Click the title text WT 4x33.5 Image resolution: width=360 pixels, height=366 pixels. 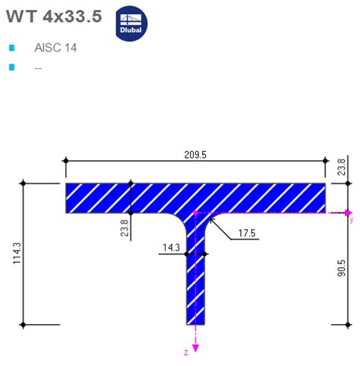click(x=53, y=17)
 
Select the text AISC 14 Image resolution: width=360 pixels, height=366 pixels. click(x=55, y=47)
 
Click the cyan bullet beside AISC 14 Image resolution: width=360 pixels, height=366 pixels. click(x=11, y=48)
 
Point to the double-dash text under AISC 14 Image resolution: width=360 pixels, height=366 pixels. click(x=38, y=68)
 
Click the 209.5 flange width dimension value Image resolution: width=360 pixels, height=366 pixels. click(x=194, y=154)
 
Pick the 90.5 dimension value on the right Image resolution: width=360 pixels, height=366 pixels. click(x=342, y=269)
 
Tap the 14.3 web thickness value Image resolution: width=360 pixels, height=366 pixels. click(x=171, y=248)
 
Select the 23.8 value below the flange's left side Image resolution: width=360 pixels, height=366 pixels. click(x=125, y=228)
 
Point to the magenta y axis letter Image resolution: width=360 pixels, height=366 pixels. click(x=351, y=221)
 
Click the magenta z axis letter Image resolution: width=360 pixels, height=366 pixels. click(x=186, y=352)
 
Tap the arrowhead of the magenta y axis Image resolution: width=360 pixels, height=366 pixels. click(x=349, y=213)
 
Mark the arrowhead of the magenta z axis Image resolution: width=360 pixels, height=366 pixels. click(x=196, y=348)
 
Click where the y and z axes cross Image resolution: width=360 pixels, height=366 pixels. click(x=196, y=213)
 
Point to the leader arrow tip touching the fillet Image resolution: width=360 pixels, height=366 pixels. click(x=210, y=219)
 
